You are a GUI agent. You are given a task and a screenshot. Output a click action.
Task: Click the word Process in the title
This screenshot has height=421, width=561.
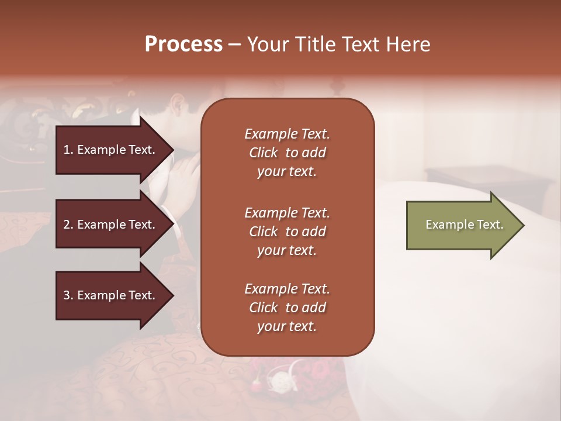click(x=183, y=44)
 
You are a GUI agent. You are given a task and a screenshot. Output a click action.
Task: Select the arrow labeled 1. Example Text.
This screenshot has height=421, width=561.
click(x=111, y=150)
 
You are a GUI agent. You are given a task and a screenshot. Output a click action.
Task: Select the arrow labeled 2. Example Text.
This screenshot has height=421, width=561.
click(x=111, y=225)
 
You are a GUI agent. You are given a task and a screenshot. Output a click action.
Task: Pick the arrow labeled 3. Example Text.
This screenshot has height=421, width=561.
click(x=111, y=295)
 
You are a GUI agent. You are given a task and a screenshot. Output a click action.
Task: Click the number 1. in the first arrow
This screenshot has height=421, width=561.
click(x=68, y=150)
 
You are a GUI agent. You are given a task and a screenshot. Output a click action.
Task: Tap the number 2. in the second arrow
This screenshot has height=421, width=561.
click(x=68, y=225)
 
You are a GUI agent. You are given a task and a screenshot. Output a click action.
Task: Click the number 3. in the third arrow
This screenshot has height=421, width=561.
click(x=68, y=295)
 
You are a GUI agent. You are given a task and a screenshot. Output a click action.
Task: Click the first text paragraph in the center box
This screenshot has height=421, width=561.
click(x=287, y=153)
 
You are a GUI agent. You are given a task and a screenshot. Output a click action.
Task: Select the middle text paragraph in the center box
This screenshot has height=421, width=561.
click(x=287, y=232)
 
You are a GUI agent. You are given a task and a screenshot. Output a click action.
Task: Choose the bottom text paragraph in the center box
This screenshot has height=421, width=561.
click(x=287, y=308)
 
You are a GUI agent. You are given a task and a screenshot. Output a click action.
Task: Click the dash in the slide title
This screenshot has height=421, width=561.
click(x=234, y=45)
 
